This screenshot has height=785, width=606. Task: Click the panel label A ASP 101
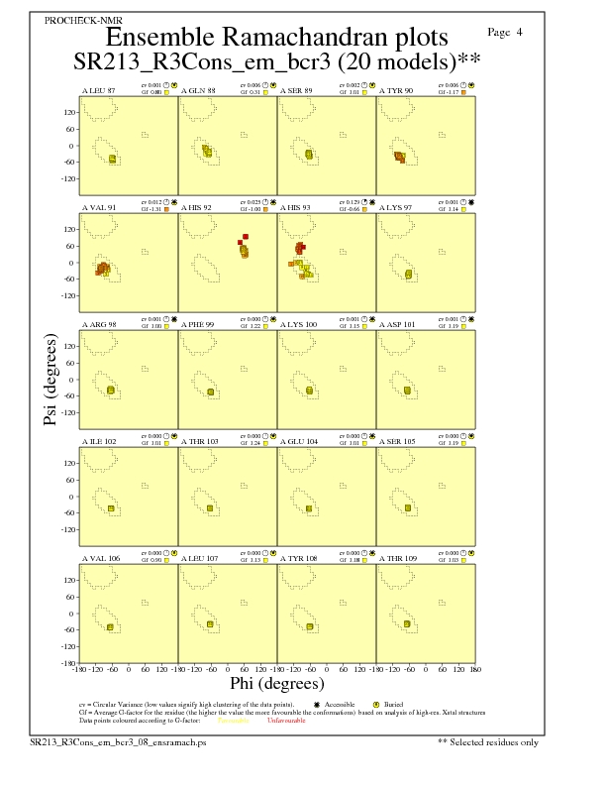click(397, 324)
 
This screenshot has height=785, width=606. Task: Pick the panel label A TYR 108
click(298, 558)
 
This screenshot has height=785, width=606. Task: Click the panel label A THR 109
click(397, 558)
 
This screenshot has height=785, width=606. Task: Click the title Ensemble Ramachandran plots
click(276, 37)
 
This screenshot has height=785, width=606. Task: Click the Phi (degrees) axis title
click(277, 683)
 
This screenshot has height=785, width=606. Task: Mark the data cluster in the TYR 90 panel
click(400, 157)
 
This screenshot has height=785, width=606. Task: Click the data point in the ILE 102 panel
click(111, 508)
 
